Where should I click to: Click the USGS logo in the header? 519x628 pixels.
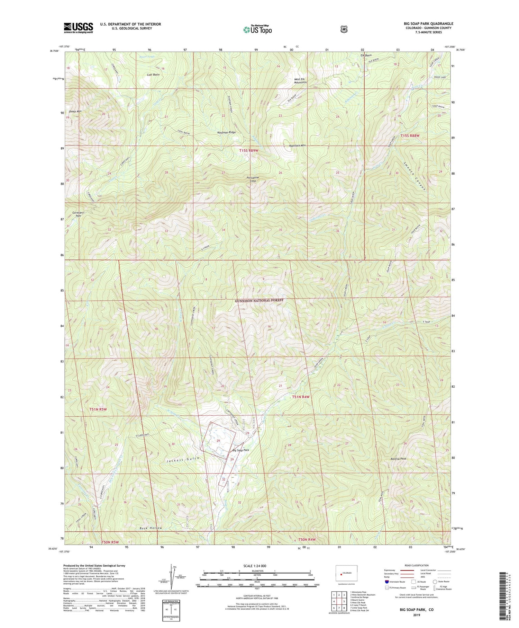(78, 28)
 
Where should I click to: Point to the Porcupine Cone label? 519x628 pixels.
(253, 179)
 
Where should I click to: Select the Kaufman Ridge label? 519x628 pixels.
(227, 132)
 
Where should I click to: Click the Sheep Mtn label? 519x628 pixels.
(75, 112)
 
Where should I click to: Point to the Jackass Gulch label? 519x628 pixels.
(183, 459)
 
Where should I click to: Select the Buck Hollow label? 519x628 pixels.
(151, 528)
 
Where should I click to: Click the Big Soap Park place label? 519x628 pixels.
(240, 450)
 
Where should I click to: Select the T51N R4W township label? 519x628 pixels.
(300, 397)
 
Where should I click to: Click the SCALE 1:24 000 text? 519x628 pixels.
(257, 566)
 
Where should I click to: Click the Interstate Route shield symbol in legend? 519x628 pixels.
(386, 582)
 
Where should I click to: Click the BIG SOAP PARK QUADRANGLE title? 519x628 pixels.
(428, 24)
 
